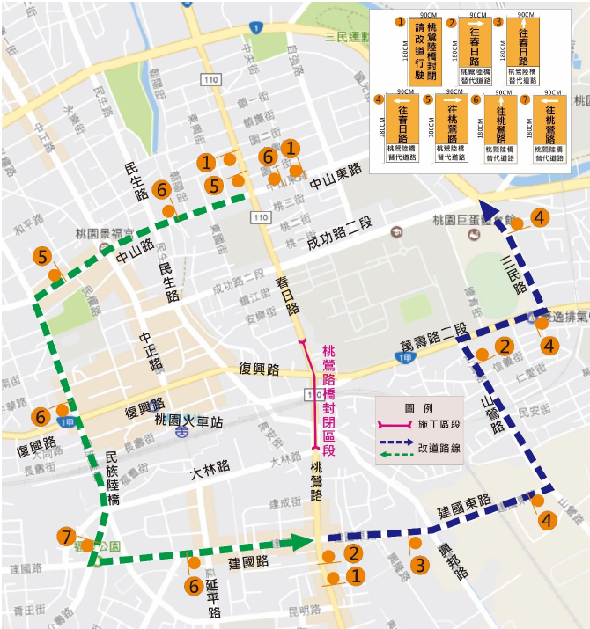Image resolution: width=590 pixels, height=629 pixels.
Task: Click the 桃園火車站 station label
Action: pyautogui.click(x=188, y=420)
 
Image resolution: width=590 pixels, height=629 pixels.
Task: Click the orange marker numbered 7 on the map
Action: pyautogui.click(x=66, y=537)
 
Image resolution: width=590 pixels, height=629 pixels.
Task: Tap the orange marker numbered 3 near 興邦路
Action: pyautogui.click(x=420, y=564)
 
